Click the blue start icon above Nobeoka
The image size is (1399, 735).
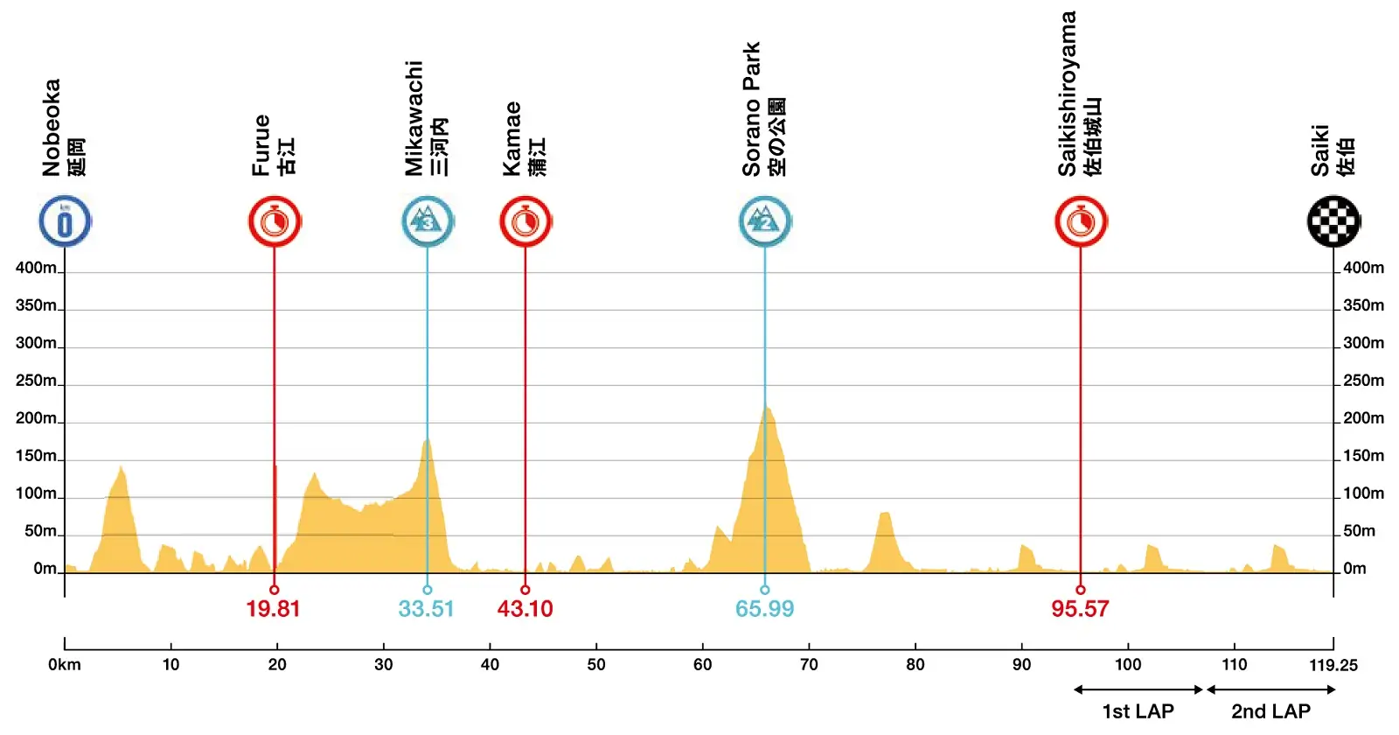tap(65, 221)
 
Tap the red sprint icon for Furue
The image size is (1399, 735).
tap(275, 221)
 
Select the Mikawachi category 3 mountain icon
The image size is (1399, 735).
tap(428, 221)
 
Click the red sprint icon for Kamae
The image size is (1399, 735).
tap(525, 221)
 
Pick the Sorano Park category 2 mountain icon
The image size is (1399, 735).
tap(765, 221)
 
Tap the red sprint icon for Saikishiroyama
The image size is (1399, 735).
tap(1081, 221)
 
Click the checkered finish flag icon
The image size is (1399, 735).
tap(1333, 221)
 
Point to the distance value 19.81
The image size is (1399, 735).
tap(273, 609)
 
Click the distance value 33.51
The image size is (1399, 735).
tap(426, 609)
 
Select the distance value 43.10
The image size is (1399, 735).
tap(525, 609)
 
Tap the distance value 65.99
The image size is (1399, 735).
tap(764, 609)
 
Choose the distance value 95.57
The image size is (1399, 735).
tap(1080, 609)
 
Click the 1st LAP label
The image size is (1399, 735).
tap(1138, 711)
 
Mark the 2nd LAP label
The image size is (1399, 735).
tap(1270, 711)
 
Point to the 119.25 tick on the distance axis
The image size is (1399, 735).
tap(1333, 665)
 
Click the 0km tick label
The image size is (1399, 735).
tap(65, 665)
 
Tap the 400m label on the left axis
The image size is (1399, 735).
tap(36, 268)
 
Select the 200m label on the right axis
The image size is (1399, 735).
tap(1363, 418)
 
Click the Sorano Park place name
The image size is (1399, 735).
tap(752, 109)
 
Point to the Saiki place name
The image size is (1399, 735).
tap(1320, 150)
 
